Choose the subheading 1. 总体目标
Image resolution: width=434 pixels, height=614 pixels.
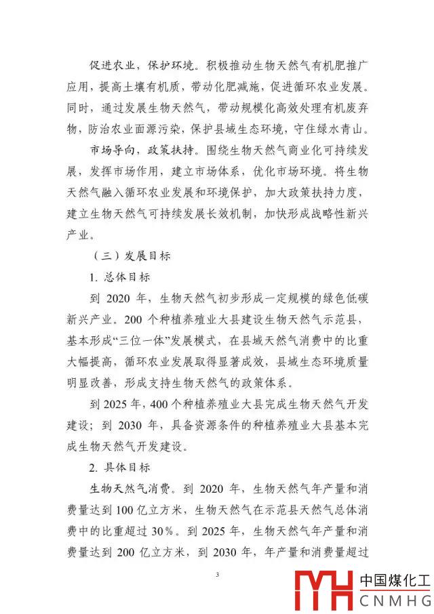(x=120, y=277)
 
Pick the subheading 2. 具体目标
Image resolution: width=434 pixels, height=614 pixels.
(x=120, y=468)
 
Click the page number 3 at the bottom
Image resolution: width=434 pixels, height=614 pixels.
(x=217, y=575)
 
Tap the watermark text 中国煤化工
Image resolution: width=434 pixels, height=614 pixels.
(x=395, y=581)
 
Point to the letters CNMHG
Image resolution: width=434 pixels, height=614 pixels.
(x=395, y=600)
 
